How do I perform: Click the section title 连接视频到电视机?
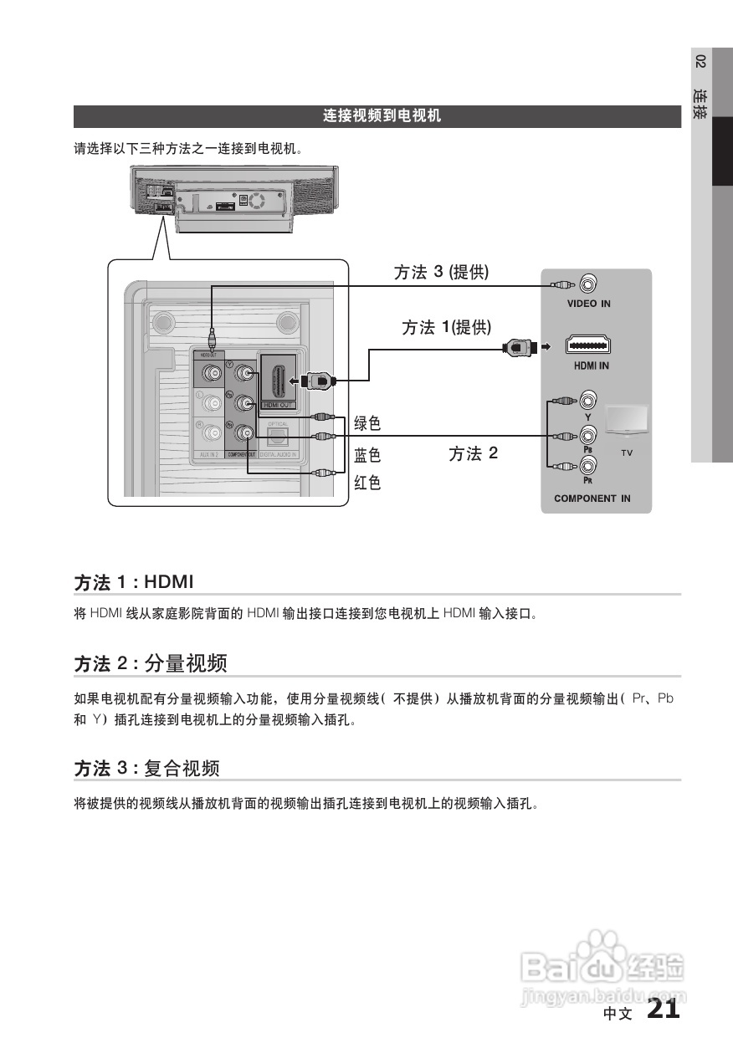[382, 116]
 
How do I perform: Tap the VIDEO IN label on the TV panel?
[588, 304]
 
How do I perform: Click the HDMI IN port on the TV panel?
[588, 345]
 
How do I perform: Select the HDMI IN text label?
[591, 366]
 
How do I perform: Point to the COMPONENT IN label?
[592, 499]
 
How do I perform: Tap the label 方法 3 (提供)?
[441, 273]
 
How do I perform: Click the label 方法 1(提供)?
[446, 328]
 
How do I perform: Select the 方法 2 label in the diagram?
[473, 453]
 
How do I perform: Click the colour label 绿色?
[367, 424]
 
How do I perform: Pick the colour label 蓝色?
[367, 455]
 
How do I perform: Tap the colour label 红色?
[367, 483]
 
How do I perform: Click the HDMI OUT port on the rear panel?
[277, 380]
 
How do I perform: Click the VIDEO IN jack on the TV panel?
[588, 284]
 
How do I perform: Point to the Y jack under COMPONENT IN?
[588, 400]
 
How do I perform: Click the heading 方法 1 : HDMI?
[134, 581]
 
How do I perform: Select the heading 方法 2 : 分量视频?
[151, 664]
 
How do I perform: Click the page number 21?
[664, 1009]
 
